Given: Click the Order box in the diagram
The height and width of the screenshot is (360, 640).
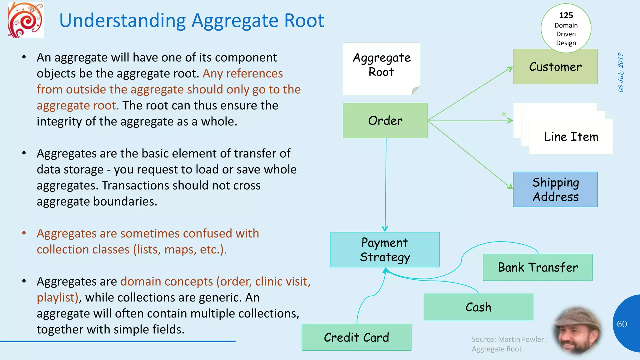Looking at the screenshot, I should click(385, 121).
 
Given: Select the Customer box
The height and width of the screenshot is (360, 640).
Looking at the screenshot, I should click(555, 67).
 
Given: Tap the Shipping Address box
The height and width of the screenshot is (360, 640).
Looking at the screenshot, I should click(555, 189).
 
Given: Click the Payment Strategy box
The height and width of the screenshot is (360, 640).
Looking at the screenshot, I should click(385, 250).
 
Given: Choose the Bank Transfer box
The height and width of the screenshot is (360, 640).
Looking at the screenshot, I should click(537, 267).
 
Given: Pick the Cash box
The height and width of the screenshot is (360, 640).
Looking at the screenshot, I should click(478, 307).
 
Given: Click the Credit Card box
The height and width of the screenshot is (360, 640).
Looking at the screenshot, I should click(356, 337).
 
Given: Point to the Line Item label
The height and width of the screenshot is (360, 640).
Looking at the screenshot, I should click(571, 137).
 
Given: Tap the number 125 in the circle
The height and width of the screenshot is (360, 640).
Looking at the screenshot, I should click(566, 15).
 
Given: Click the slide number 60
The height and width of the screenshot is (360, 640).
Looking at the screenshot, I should click(622, 324).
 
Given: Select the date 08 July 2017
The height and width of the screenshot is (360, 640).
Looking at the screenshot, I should click(621, 72).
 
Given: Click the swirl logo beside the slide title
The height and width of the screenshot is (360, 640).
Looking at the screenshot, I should click(26, 20).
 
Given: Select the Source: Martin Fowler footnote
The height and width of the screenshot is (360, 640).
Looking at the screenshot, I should click(509, 344).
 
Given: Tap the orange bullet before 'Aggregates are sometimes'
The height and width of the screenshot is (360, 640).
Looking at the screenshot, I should click(24, 233).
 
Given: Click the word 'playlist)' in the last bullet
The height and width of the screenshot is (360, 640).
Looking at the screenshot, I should click(57, 297).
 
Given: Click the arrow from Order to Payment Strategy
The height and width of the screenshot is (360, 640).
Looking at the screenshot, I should click(386, 184).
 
